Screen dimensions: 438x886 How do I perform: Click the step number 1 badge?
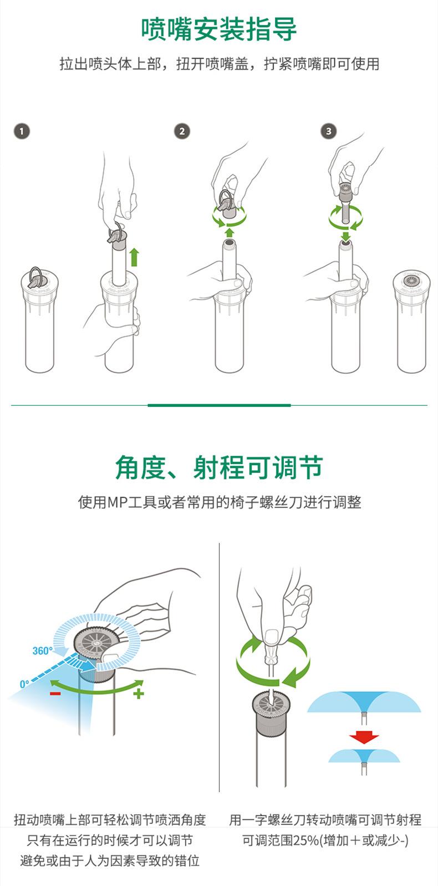coord(22,131)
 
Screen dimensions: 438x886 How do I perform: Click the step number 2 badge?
coord(182,131)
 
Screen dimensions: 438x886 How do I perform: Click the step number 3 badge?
coord(328,131)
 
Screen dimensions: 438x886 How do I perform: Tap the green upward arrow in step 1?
coord(135,257)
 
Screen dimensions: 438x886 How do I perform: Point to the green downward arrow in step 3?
coord(346,237)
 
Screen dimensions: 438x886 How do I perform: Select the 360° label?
coord(42,651)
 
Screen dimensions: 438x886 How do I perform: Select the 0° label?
coord(24,684)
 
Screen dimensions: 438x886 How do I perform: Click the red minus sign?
coord(55,694)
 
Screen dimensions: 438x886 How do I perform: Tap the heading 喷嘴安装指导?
coord(219,29)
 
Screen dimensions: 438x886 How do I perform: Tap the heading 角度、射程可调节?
coord(219,467)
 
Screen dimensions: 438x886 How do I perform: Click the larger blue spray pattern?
coord(364,702)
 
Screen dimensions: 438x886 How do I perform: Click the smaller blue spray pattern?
coord(364,756)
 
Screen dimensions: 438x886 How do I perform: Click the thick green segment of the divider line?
coord(219,405)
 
